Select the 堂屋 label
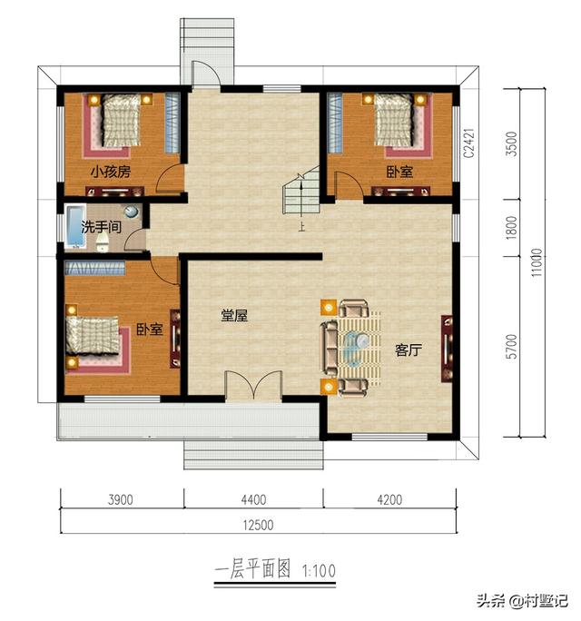point(234,316)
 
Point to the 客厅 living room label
point(408,350)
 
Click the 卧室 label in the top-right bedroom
point(398,172)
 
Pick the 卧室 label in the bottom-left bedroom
point(150,329)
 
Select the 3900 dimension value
point(122,500)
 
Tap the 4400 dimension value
point(253,500)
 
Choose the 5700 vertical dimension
point(512,346)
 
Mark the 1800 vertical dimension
point(512,227)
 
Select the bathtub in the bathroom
point(74,228)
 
